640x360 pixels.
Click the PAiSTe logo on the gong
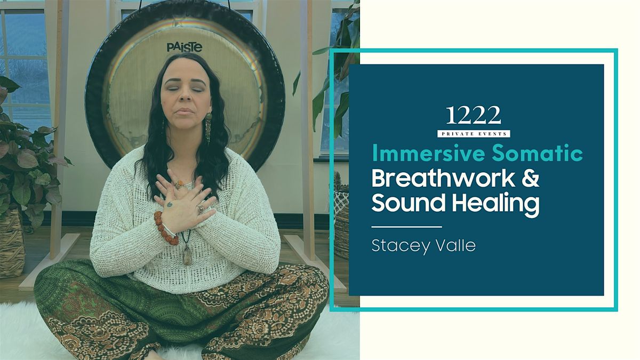tap(185, 47)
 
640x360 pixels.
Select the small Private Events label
tap(474, 134)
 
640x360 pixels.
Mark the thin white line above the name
tap(406, 227)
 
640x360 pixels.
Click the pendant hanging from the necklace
tap(187, 257)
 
